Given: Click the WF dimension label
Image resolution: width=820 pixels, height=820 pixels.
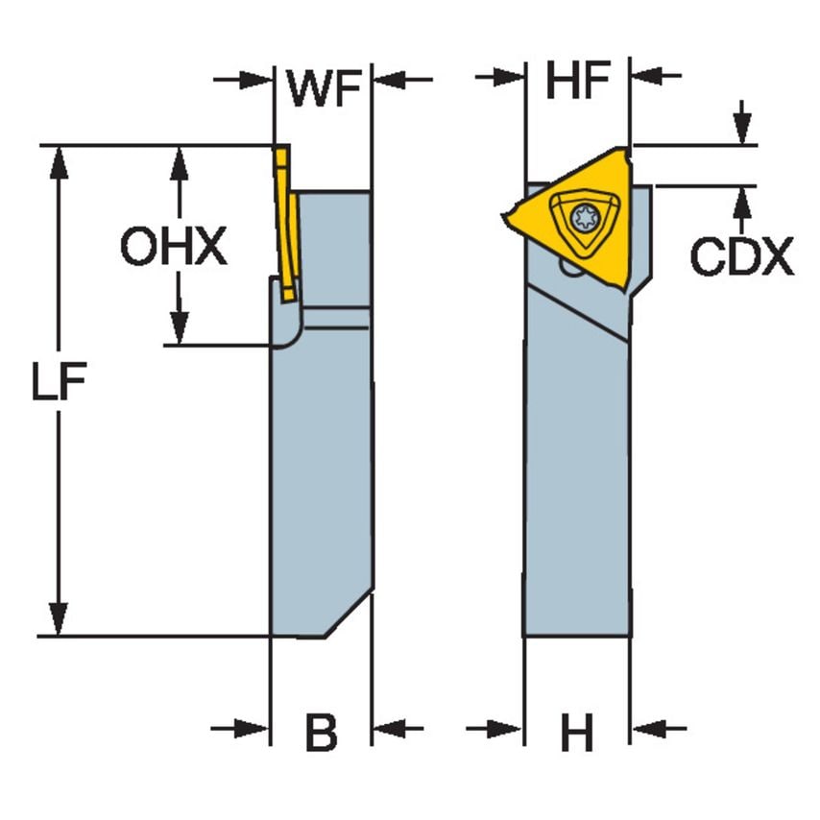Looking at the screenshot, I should [324, 86].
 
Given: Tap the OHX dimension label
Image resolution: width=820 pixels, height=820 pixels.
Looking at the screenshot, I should [174, 248].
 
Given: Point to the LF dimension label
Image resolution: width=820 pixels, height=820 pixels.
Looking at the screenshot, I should [59, 385].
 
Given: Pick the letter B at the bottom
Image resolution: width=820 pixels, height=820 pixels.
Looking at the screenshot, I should [322, 735].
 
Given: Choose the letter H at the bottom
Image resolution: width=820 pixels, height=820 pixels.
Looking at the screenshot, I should [577, 736].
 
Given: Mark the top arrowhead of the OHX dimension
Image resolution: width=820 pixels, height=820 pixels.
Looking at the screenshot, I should [177, 163].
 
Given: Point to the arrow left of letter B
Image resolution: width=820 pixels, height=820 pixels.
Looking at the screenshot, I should [250, 729].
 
